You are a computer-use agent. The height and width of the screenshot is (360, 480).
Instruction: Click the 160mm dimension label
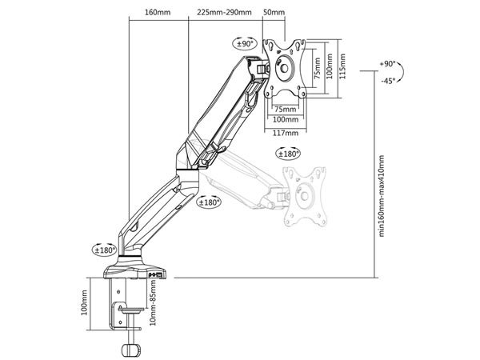[x=158, y=13]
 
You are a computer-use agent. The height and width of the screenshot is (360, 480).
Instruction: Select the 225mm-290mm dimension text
[x=224, y=13]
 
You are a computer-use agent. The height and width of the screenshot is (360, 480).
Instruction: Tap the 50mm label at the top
[x=274, y=13]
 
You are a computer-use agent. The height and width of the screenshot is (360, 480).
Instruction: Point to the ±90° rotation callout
[x=246, y=44]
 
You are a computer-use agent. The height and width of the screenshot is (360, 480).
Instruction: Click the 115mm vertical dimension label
[x=342, y=66]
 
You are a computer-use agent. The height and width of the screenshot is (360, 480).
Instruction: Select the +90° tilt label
[x=387, y=64]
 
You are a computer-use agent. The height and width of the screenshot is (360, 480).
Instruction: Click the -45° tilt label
[x=388, y=81]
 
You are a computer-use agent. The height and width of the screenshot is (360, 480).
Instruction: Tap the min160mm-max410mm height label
[x=382, y=196]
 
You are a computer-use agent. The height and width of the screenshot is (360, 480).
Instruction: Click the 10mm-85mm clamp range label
[x=153, y=302]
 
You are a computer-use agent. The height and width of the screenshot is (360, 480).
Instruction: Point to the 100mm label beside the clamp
[x=84, y=302]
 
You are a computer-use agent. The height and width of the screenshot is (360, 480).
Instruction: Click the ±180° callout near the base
[x=105, y=250]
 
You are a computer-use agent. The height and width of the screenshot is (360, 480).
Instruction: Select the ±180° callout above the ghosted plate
[x=288, y=154]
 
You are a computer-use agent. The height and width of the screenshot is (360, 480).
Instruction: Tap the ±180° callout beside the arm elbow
[x=210, y=202]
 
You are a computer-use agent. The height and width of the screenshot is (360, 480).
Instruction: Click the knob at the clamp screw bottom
[x=131, y=349]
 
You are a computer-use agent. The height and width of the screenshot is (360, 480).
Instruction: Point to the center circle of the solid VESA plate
[x=284, y=68]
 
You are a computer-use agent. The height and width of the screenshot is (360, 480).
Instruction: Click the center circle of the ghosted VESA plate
[x=304, y=196]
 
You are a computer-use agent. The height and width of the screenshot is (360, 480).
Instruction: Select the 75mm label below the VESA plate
[x=286, y=109]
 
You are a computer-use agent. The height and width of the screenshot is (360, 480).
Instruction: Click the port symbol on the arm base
[x=156, y=274]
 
